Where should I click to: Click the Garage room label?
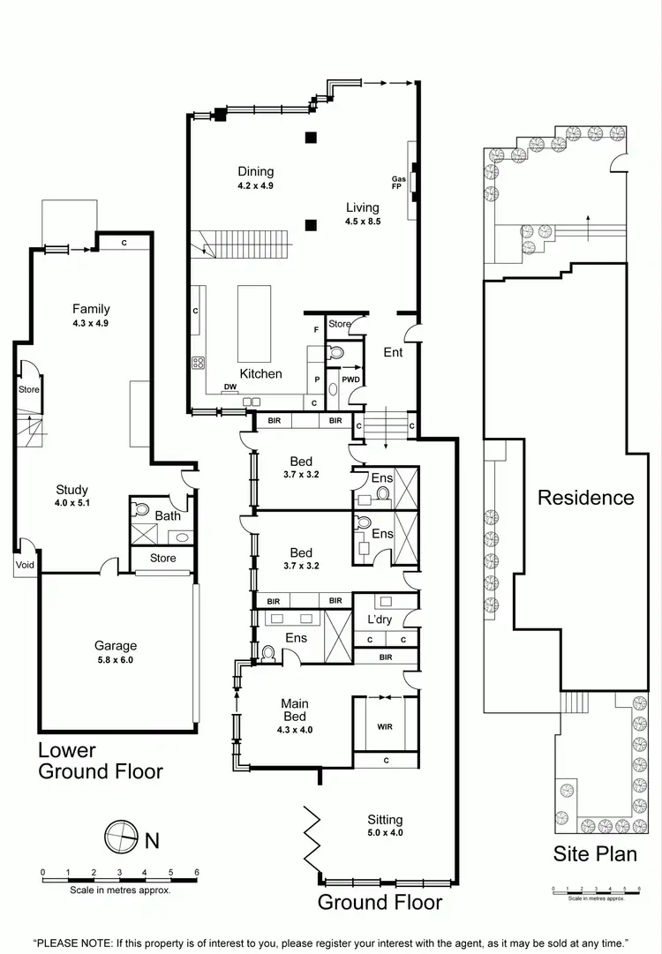coord(116,646)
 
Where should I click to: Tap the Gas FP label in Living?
coord(399,184)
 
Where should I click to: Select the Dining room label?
coord(256,171)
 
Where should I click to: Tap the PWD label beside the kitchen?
coord(351,381)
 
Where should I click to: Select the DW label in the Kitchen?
coord(229,387)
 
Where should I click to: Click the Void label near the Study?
coord(24,564)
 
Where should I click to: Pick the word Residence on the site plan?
coord(586,497)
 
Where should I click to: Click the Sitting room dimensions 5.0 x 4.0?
coord(386,832)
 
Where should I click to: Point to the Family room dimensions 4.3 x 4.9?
coord(91,323)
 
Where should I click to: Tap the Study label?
coord(71,491)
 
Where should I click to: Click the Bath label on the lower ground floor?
coord(168,515)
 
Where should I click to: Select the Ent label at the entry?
coord(393,353)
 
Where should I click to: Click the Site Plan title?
coord(595,854)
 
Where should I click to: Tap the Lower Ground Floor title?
coord(100,761)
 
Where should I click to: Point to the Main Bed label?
coord(295,710)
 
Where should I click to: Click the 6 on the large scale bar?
coord(197,872)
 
